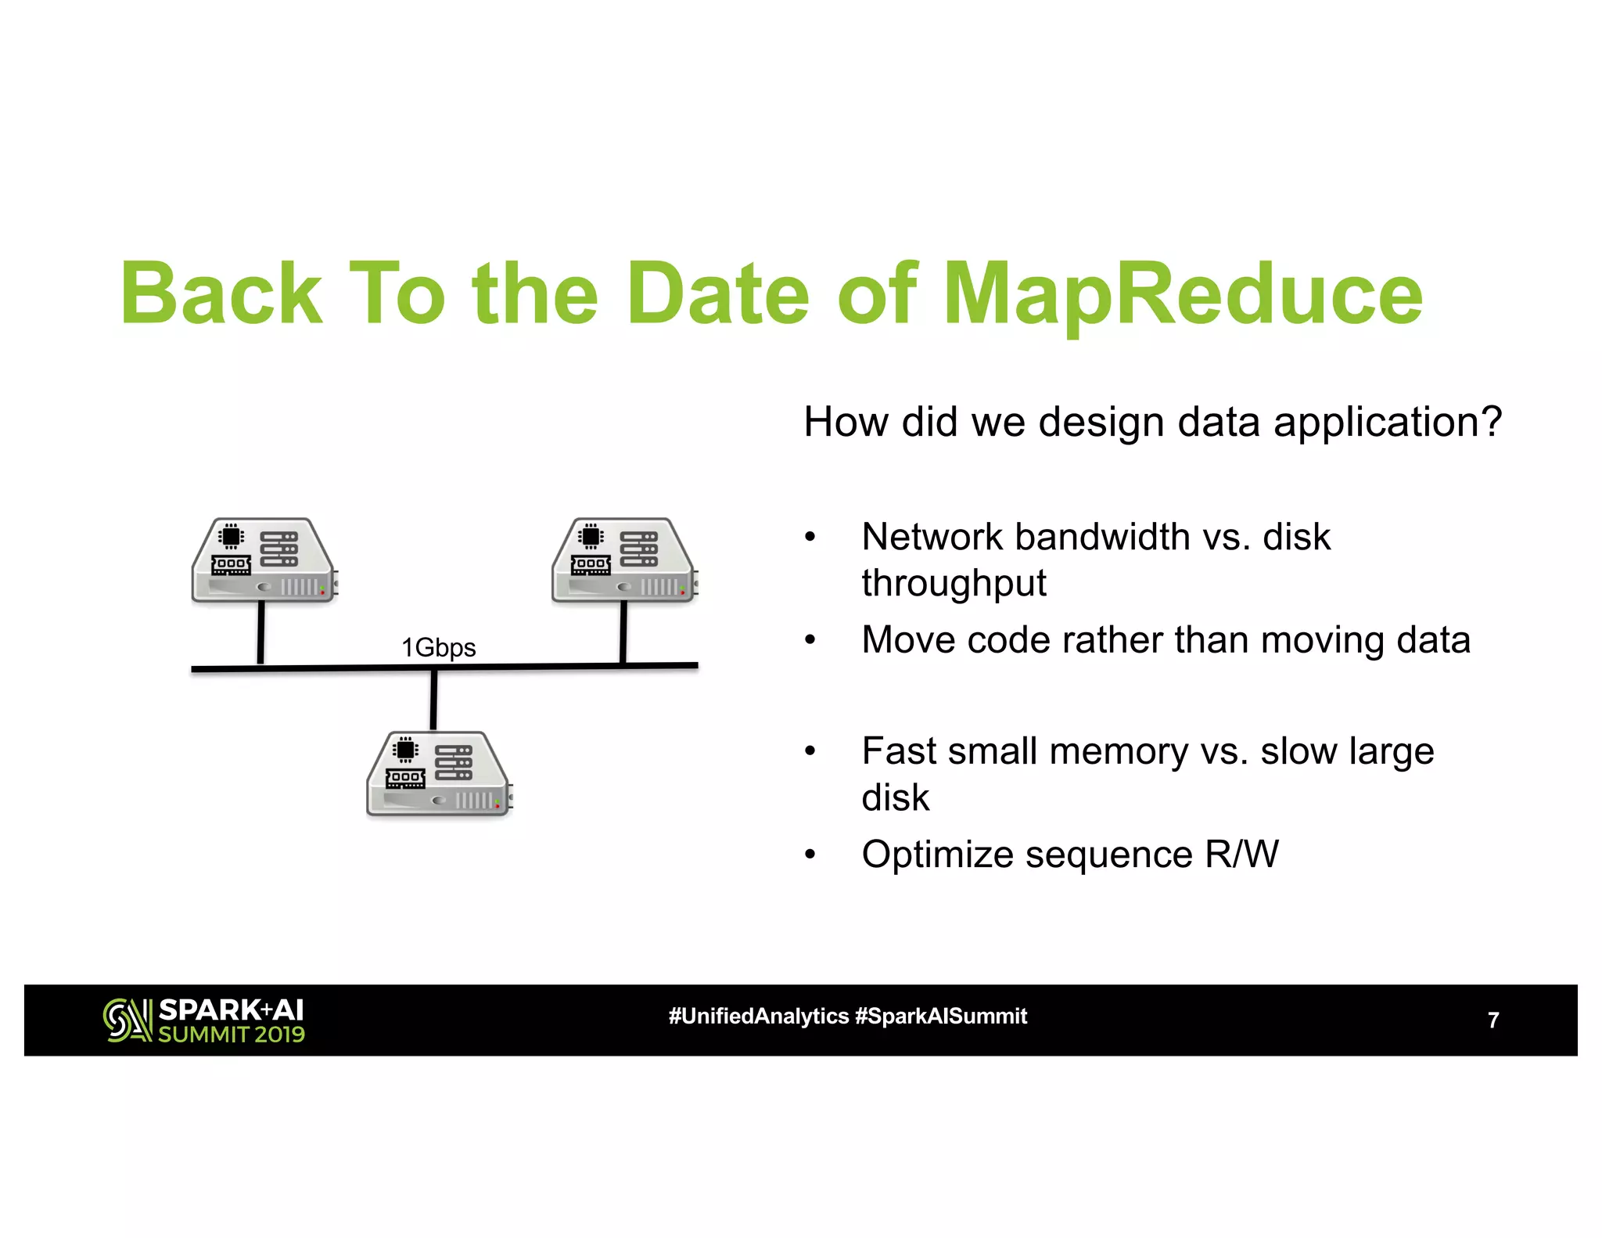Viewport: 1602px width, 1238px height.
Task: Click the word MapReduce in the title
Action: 1183,295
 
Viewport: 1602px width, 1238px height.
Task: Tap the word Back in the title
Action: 221,295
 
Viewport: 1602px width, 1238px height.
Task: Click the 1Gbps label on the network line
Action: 438,647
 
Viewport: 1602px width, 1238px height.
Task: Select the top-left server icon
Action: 264,560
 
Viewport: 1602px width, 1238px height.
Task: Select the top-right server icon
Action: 624,560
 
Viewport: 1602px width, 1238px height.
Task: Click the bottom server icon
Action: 439,774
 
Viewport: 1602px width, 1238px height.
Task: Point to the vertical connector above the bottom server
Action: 433,699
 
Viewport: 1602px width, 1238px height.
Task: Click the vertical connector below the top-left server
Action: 260,632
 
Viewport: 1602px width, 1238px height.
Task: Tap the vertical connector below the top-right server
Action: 623,632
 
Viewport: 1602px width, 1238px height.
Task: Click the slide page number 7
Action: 1492,1020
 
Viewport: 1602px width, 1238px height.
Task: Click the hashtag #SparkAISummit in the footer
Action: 940,1016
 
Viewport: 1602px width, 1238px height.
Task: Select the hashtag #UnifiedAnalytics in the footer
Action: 758,1016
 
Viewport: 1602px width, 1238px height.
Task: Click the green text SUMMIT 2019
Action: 232,1035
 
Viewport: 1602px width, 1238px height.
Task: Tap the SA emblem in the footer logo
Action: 127,1020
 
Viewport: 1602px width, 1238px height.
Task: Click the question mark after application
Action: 1491,422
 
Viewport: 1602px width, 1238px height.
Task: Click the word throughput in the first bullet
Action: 954,583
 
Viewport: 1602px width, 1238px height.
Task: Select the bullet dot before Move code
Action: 810,641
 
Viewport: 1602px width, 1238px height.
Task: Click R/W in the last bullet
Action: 1241,854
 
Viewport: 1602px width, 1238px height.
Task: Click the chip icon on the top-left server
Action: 231,536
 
